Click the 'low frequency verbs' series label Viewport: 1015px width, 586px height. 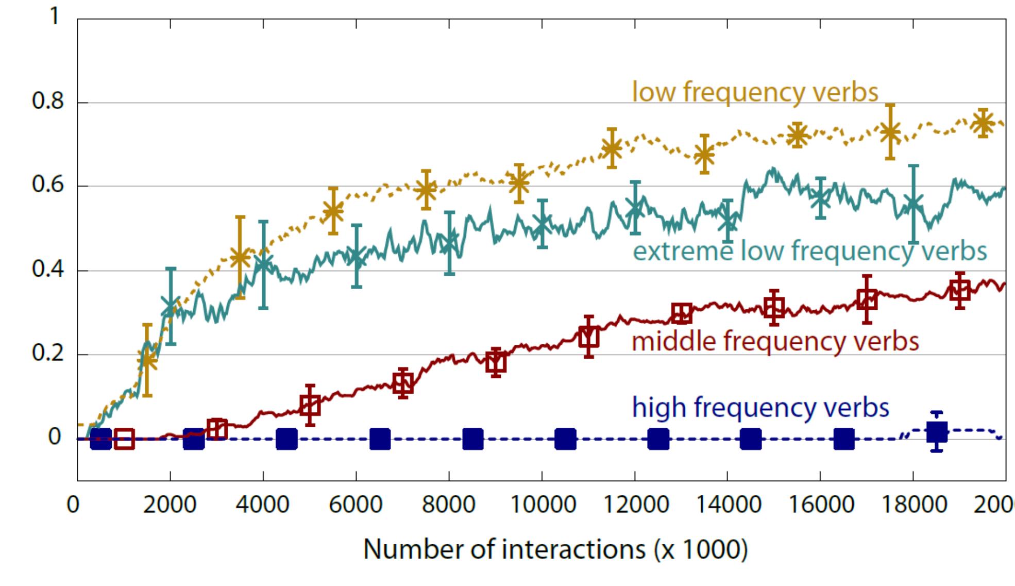[755, 93]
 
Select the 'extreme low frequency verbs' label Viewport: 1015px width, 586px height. [809, 252]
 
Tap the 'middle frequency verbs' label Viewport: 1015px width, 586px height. [775, 342]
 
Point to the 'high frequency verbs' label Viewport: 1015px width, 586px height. [760, 408]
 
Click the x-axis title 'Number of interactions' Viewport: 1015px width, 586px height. [555, 549]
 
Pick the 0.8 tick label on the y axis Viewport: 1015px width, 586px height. [48, 101]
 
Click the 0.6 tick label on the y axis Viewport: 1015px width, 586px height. [48, 185]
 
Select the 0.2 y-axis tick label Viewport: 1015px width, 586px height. [48, 354]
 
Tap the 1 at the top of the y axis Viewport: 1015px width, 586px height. [54, 16]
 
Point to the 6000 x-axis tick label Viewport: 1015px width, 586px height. [356, 504]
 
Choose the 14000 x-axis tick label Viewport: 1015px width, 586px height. [728, 504]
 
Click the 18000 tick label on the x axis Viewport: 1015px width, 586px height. [914, 504]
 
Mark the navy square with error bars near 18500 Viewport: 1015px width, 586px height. [937, 431]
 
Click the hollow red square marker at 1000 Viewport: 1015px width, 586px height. [124, 439]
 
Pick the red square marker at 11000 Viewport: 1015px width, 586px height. [589, 337]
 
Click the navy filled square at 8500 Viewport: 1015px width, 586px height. [472, 439]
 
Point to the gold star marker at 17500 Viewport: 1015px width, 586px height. [890, 132]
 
